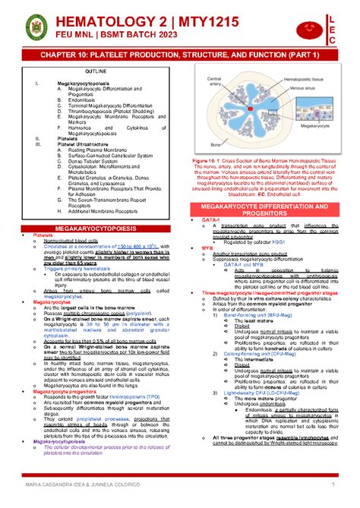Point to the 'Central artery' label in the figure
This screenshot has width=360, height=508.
point(213,80)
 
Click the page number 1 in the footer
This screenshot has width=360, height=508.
point(334,484)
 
